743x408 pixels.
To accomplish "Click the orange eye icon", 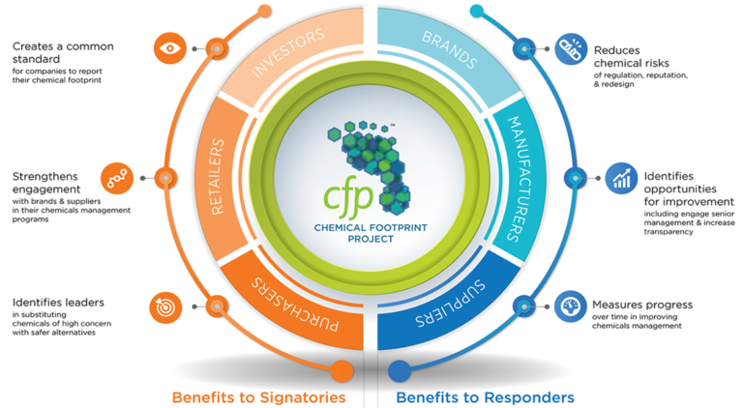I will coord(168,46).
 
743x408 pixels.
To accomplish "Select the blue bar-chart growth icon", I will coord(620,178).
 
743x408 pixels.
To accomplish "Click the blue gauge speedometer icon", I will coord(568,306).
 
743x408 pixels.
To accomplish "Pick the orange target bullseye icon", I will coord(164,306).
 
